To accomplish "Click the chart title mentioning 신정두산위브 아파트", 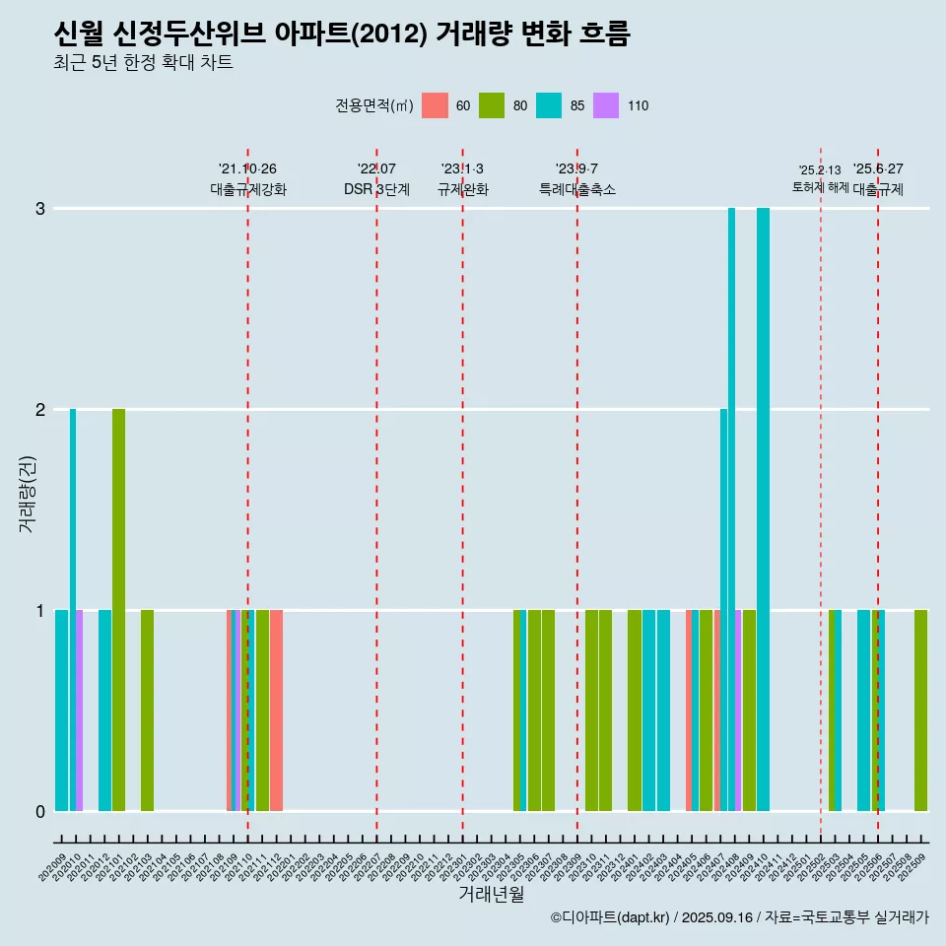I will pos(341,34).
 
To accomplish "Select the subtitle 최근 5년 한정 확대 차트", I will pos(144,64).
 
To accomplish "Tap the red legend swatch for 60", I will pos(435,105).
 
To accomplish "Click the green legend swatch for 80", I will pos(492,105).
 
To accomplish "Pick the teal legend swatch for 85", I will pos(549,105).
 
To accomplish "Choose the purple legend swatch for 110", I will pos(606,105).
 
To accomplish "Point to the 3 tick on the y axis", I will pos(40,209).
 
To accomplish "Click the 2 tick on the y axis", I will pos(40,409).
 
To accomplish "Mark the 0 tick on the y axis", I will pos(40,811).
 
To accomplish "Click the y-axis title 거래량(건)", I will pos(27,494).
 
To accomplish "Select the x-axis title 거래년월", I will pos(491,894).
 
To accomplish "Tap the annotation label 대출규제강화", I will pos(248,189).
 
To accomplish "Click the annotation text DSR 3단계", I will pos(376,189).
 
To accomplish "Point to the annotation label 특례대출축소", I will pos(577,189).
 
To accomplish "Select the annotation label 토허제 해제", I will pos(820,187).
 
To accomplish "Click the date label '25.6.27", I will pos(878,169).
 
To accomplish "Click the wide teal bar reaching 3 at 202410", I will pos(763,508).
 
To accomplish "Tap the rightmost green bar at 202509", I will pos(920,710).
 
